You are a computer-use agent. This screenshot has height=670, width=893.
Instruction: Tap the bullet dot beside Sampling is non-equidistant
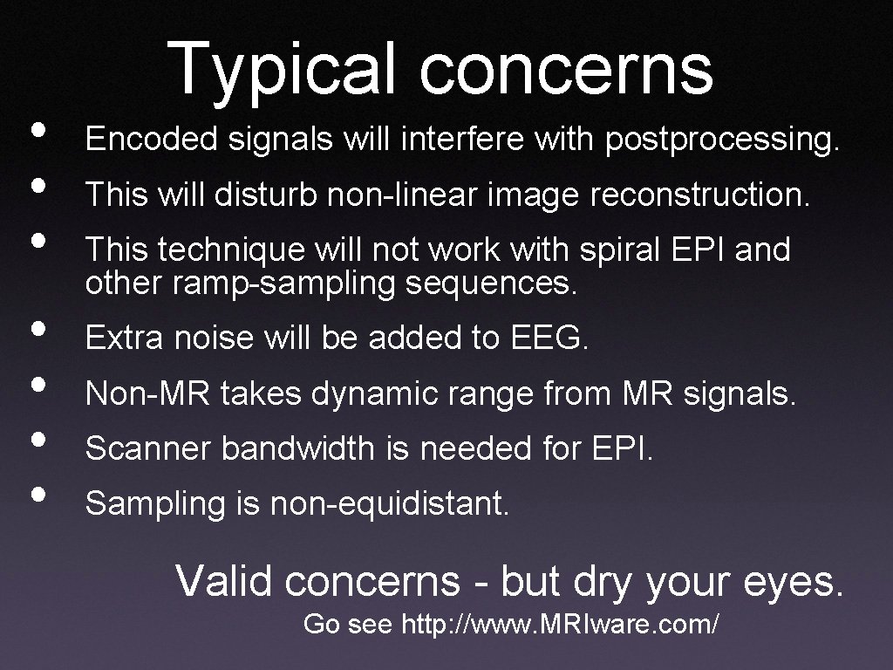pyautogui.click(x=37, y=495)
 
